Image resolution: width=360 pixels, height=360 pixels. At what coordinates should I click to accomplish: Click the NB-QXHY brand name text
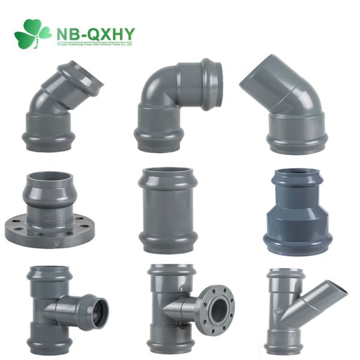(95, 31)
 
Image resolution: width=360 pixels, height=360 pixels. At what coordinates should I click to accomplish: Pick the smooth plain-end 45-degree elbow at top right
(288, 111)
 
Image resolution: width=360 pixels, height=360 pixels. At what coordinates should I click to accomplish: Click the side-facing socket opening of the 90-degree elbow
(214, 84)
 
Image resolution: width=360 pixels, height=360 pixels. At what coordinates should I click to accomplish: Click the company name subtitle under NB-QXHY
(95, 43)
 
